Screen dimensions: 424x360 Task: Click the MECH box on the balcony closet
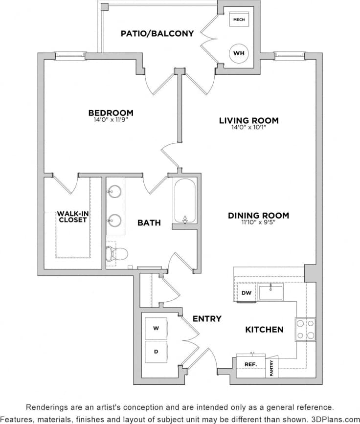click(x=239, y=20)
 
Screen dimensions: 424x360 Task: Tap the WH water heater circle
click(x=239, y=52)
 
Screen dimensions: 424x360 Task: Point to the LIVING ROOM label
click(x=248, y=120)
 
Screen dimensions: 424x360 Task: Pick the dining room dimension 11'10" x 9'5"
click(x=258, y=223)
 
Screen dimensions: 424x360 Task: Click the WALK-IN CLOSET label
click(x=72, y=217)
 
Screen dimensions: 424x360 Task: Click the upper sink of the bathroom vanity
click(x=115, y=191)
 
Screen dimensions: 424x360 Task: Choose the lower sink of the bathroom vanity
click(x=115, y=221)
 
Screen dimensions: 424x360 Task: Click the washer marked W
click(x=156, y=328)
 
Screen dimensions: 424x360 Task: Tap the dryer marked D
click(x=156, y=352)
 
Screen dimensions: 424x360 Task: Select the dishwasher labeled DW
click(x=246, y=293)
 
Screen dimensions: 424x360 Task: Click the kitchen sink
click(x=270, y=292)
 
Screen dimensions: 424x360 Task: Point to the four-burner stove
click(x=305, y=329)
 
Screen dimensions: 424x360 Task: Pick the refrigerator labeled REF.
click(x=251, y=365)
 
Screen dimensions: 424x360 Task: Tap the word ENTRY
click(x=206, y=319)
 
